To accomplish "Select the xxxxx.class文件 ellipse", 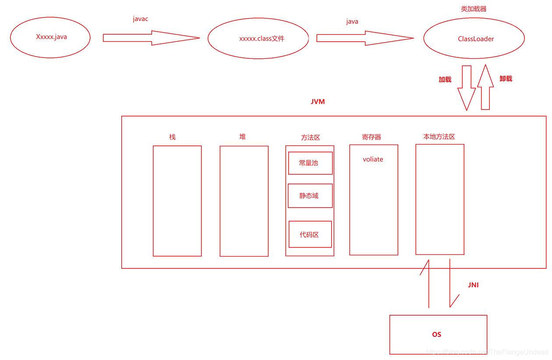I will coord(258,39).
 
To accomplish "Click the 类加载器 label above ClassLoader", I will coord(474,9).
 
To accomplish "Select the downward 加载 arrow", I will coord(467,88).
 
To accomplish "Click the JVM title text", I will coord(318,102).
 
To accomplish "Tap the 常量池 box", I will coord(310,163).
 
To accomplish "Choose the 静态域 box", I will coord(310,196).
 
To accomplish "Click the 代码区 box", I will coord(310,234).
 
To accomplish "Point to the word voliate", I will coord(373,159).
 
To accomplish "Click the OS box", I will coord(438,335).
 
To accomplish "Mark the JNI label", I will coord(473,285).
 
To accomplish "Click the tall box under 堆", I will coord(244,201).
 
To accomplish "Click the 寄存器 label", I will coord(372,137).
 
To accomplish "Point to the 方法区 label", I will coord(310,138).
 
